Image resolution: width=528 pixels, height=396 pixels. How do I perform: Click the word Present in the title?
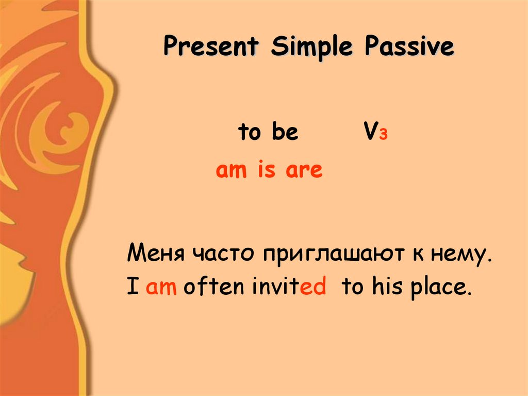click(210, 47)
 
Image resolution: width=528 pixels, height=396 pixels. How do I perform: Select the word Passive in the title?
click(409, 47)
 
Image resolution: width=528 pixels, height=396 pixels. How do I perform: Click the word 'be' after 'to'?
click(285, 133)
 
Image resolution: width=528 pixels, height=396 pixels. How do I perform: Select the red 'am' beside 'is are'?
click(232, 170)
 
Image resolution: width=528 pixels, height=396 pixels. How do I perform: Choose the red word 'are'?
click(304, 170)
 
